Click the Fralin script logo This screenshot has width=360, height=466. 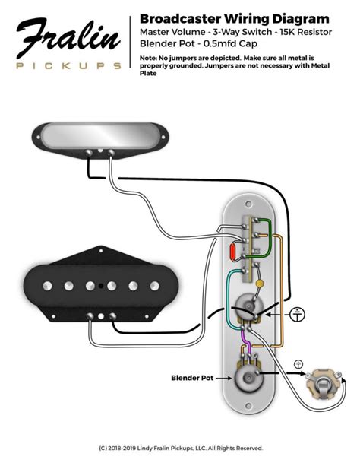pyautogui.click(x=68, y=37)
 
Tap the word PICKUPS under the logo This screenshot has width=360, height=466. pyautogui.click(x=68, y=66)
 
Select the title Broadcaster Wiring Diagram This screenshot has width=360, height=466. pyautogui.click(x=235, y=19)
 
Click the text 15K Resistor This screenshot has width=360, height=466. pyautogui.click(x=305, y=32)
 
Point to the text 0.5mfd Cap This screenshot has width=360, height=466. pyautogui.click(x=230, y=43)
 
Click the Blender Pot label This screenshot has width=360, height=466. pyautogui.click(x=192, y=378)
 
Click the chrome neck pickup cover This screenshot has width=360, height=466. pyautogui.click(x=100, y=135)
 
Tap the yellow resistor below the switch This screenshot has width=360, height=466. pyautogui.click(x=260, y=284)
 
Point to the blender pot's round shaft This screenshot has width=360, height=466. pyautogui.click(x=248, y=377)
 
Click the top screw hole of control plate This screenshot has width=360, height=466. pyautogui.click(x=248, y=204)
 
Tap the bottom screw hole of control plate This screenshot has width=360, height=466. pyautogui.click(x=248, y=405)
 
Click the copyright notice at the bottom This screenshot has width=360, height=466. pyautogui.click(x=181, y=448)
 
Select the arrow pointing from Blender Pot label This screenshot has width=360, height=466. pyautogui.click(x=223, y=378)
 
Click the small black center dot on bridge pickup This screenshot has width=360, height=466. pyautogui.click(x=101, y=286)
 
